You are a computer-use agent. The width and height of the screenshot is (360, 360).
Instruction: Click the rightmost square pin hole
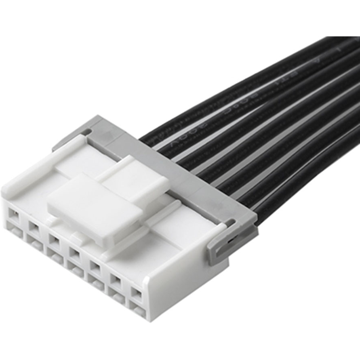[136, 293]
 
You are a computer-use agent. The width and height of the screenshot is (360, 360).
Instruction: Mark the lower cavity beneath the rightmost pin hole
[136, 311]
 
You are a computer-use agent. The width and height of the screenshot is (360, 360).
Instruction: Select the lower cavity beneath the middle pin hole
[74, 268]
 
